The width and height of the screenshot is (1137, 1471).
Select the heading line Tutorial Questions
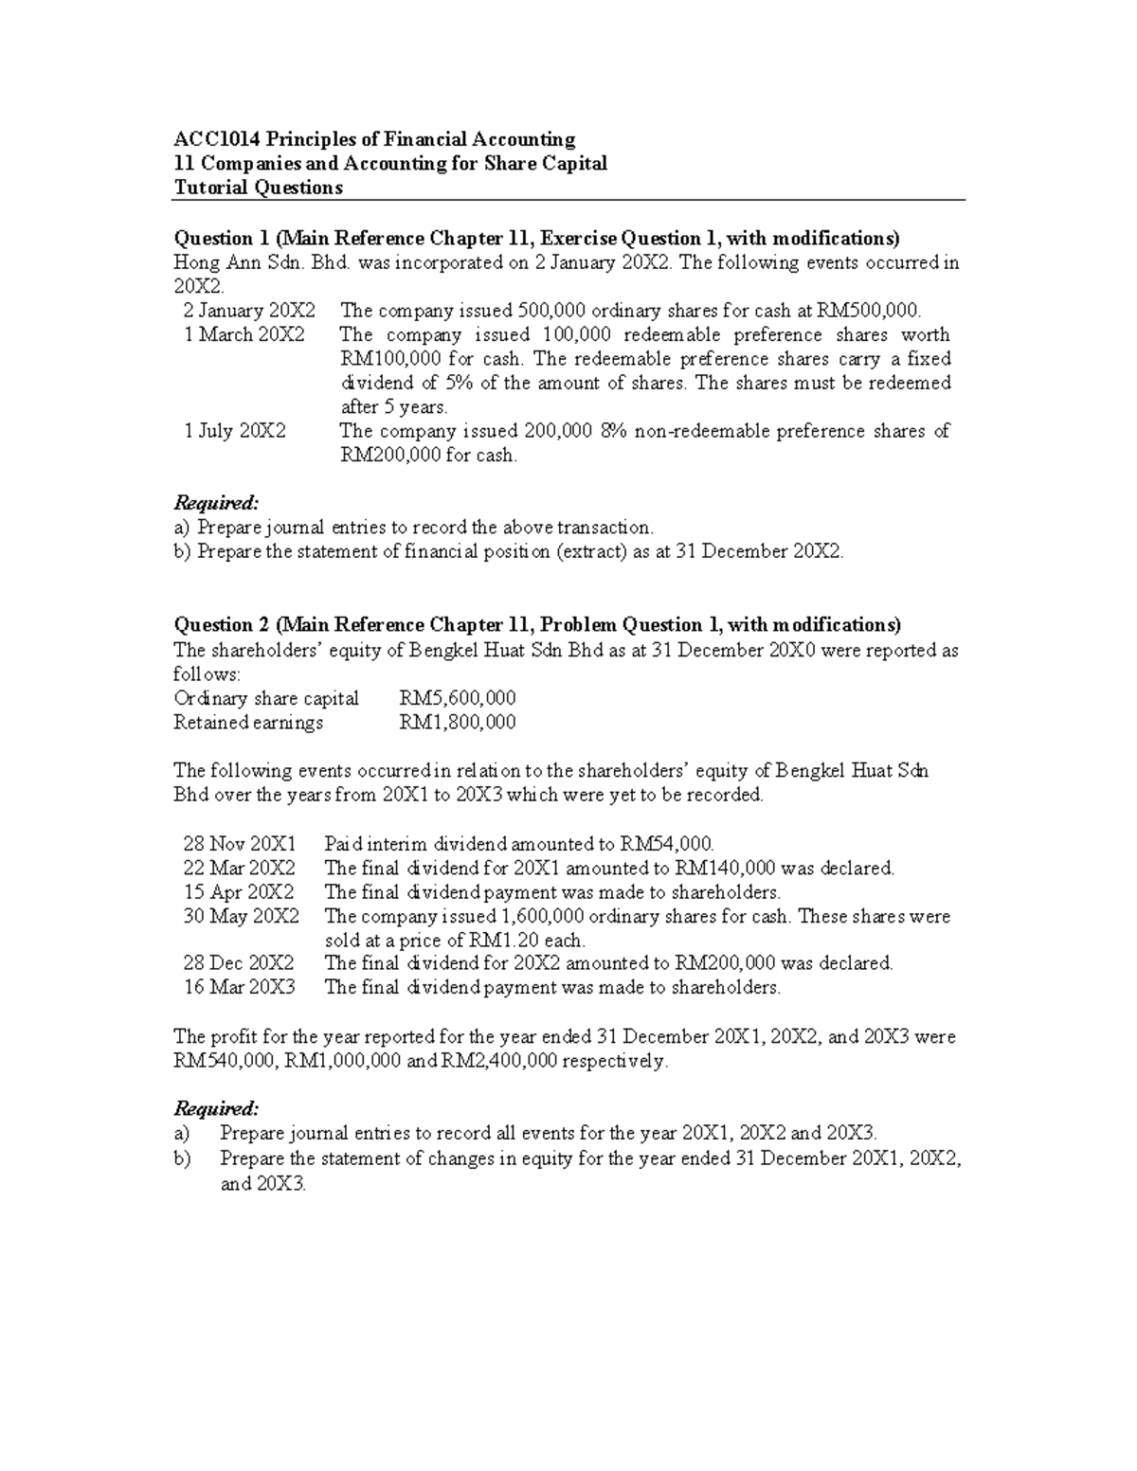point(258,188)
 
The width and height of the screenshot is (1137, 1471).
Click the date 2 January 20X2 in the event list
point(250,310)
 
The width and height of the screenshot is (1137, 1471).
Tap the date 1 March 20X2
point(244,334)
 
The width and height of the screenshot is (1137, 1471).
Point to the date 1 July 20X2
point(235,431)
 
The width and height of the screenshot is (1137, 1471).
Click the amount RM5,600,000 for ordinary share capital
point(458,698)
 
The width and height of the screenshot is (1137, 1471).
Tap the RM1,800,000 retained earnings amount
point(458,723)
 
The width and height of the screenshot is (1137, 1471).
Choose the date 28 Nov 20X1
point(240,843)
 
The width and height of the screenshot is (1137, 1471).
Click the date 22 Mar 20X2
point(239,868)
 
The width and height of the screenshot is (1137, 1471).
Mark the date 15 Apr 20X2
point(239,891)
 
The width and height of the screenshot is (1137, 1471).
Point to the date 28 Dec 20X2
point(239,962)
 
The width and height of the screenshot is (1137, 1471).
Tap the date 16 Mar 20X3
point(239,987)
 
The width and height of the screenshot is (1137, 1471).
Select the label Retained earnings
point(248,723)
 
